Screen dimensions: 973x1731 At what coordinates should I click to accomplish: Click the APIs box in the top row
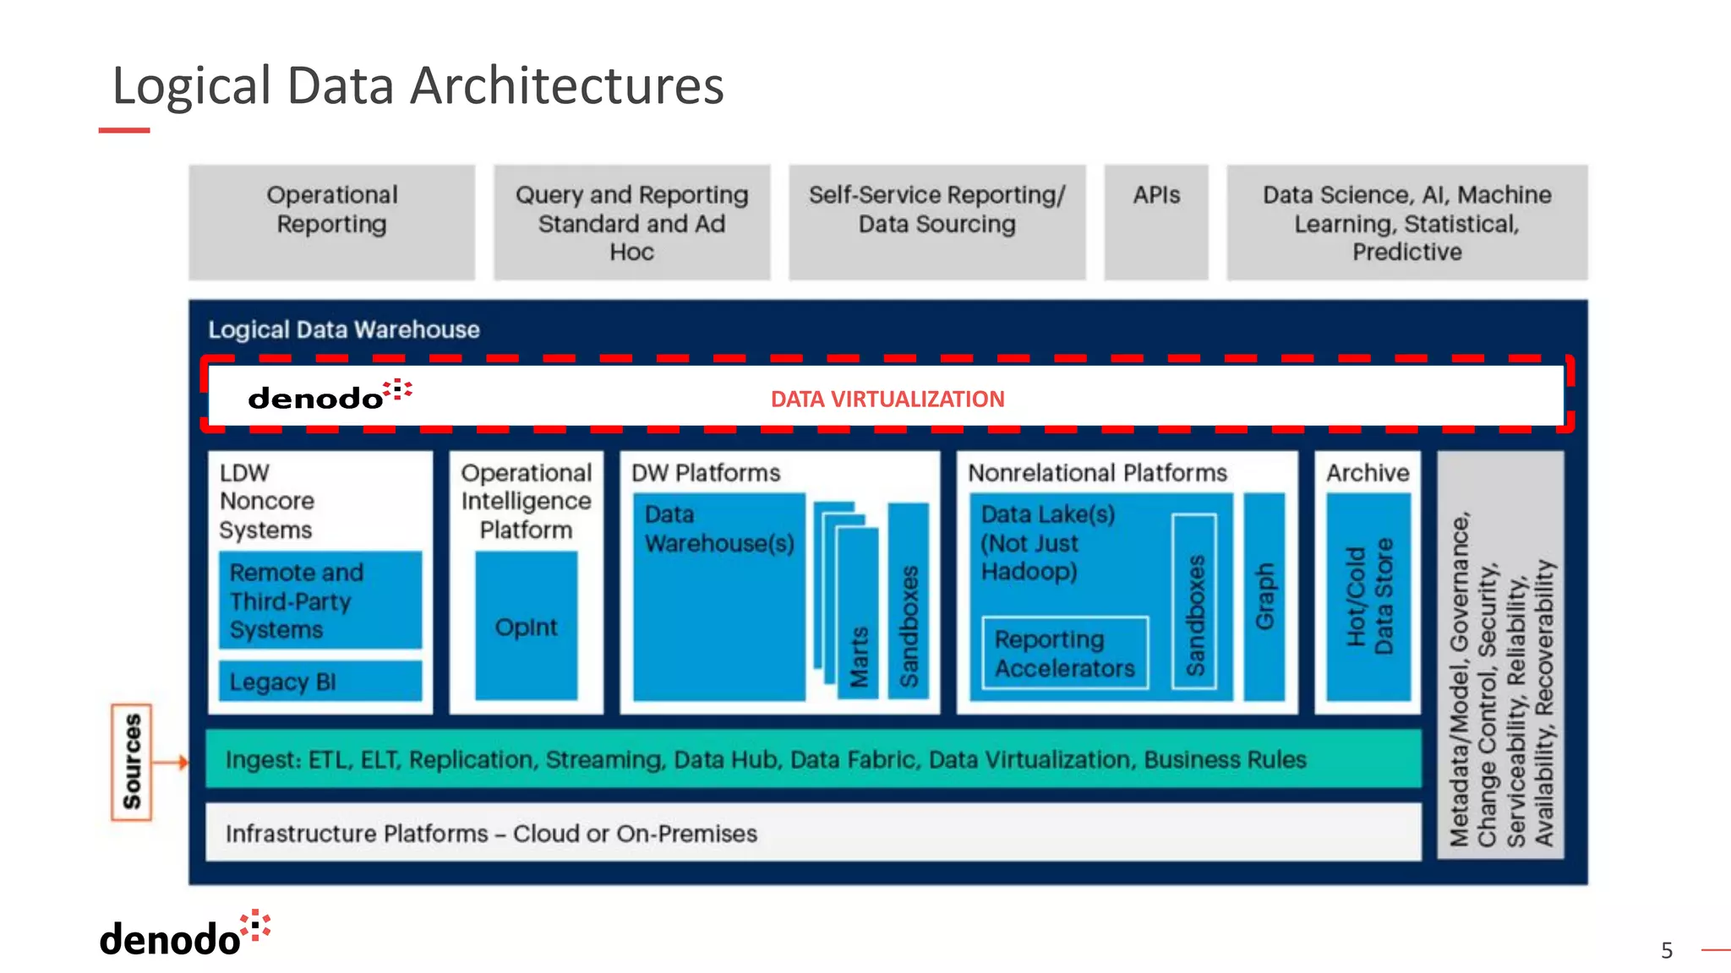1155,221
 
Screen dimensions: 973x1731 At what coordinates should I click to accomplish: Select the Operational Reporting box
331,221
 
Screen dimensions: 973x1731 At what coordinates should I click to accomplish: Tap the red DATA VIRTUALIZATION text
887,399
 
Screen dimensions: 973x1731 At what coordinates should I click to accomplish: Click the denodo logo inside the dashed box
329,395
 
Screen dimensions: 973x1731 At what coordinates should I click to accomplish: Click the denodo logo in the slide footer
184,935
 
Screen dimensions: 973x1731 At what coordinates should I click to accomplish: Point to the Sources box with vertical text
132,762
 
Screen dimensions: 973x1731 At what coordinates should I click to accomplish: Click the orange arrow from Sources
172,762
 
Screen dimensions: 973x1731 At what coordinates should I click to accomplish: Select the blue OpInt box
526,626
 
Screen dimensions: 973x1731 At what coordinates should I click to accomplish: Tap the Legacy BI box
319,681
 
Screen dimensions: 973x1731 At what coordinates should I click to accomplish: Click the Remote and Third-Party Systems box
319,601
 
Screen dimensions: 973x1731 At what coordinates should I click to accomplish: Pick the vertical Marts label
859,656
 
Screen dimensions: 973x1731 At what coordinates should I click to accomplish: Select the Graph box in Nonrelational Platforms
1264,596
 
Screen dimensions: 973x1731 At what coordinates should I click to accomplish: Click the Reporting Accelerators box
1065,653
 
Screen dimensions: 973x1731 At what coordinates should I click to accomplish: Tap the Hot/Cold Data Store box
1368,596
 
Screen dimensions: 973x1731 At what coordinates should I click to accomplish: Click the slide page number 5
1666,950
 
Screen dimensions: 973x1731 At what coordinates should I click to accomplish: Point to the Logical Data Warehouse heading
343,329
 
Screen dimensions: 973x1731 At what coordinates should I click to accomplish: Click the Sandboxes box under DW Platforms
908,601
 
